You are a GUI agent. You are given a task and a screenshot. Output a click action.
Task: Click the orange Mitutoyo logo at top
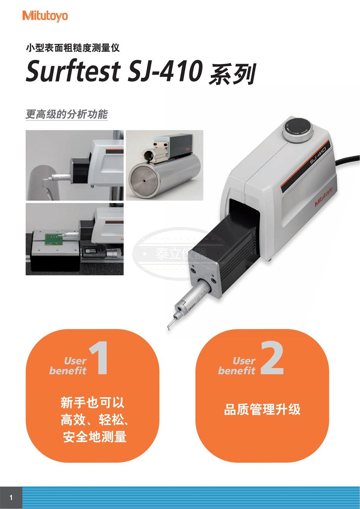coord(45,16)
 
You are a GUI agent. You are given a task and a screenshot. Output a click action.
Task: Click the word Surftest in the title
coord(73,71)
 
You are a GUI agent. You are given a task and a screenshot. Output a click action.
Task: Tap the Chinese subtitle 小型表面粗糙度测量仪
coord(73,48)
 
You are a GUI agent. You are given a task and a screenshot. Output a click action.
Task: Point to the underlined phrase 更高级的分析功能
coord(67,114)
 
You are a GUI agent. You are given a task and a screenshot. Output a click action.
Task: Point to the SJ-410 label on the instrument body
coord(318,155)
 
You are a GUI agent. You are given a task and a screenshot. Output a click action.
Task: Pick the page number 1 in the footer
coord(11,498)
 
